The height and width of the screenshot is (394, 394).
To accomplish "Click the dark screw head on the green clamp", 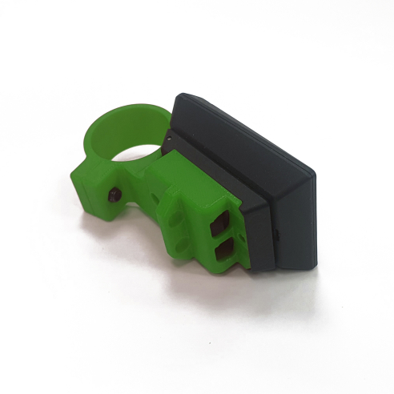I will pos(114,195).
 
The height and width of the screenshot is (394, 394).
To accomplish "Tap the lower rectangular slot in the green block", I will pos(223,253).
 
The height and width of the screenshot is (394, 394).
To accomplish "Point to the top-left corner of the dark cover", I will pos(179,97).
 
